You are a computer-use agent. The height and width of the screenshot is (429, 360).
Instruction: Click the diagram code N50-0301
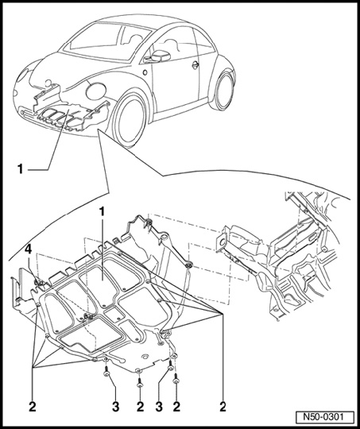pyautogui.click(x=323, y=417)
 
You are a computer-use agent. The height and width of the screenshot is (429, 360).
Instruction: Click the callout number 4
pyautogui.click(x=29, y=249)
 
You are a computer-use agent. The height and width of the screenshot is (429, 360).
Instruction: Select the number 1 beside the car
pyautogui.click(x=20, y=169)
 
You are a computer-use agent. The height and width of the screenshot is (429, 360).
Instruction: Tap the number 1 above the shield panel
pyautogui.click(x=102, y=211)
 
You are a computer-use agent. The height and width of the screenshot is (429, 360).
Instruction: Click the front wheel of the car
pyautogui.click(x=128, y=121)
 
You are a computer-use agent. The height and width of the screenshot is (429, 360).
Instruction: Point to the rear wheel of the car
pyautogui.click(x=223, y=91)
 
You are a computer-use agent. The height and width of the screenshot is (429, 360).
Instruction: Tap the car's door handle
pyautogui.click(x=195, y=65)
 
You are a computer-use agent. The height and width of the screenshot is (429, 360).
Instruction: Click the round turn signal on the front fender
pyautogui.click(x=96, y=91)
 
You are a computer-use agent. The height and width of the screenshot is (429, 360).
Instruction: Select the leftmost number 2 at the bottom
pyautogui.click(x=33, y=407)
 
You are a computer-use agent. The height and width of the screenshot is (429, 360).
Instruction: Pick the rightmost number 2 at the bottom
pyautogui.click(x=223, y=407)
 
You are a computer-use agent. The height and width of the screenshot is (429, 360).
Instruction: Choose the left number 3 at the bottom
pyautogui.click(x=115, y=407)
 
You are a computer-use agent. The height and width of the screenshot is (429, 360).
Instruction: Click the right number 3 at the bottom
pyautogui.click(x=159, y=407)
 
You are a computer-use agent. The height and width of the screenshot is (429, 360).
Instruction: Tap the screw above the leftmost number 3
pyautogui.click(x=106, y=371)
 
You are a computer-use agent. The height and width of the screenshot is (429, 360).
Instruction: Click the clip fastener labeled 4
pyautogui.click(x=39, y=283)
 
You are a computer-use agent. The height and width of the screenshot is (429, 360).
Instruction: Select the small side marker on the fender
pyautogui.click(x=145, y=72)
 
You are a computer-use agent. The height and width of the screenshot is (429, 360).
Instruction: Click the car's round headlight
pyautogui.click(x=22, y=75)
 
